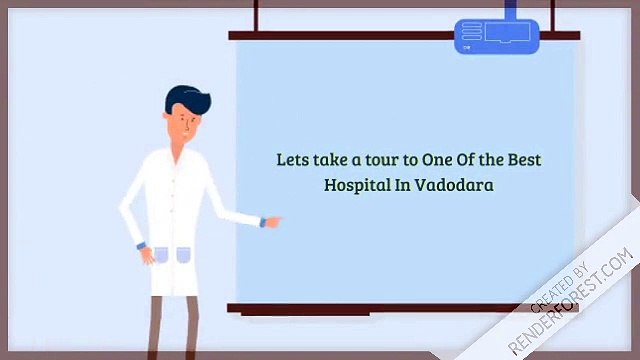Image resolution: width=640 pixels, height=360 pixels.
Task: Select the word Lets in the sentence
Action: (292, 159)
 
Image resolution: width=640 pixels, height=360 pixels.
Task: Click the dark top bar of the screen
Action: (400, 35)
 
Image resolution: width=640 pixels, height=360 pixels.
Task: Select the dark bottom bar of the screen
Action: (400, 308)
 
